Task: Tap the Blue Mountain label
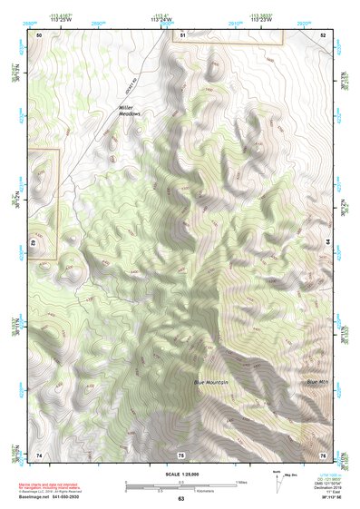click(x=210, y=382)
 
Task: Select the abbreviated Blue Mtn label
click(x=317, y=382)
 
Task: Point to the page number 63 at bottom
click(x=180, y=498)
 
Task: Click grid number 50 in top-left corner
click(x=39, y=34)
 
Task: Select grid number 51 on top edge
click(x=182, y=34)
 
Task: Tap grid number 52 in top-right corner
click(x=322, y=34)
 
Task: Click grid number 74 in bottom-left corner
click(x=39, y=454)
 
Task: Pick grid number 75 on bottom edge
click(x=181, y=454)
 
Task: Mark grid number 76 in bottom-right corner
click(x=322, y=454)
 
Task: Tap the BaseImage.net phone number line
click(x=56, y=498)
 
